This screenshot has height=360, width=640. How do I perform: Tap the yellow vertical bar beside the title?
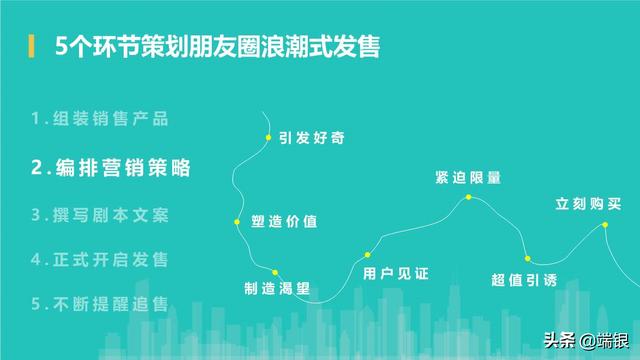coord(32,47)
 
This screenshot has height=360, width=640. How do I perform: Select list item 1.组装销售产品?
coord(99,118)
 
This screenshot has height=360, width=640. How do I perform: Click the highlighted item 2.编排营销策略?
coord(111,167)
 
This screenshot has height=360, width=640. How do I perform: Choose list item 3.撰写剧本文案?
coord(99,214)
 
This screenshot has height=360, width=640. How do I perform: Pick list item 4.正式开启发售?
coord(99,259)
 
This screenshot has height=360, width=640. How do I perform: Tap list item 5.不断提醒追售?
coord(99,303)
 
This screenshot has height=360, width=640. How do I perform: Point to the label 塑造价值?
coord(284,221)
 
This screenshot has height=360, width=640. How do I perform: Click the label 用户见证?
coord(395,273)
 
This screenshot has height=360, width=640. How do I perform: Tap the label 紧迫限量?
coord(468,178)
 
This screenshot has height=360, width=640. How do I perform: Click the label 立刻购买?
coord(589,204)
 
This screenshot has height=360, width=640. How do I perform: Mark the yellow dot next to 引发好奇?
coord(268,137)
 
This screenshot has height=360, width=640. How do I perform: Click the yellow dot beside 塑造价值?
coord(237,221)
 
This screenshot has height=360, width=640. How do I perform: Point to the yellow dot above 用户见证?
coord(368,255)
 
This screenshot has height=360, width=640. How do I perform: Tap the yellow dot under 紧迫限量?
coord(468,197)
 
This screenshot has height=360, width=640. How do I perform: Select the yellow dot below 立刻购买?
coord(605,225)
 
